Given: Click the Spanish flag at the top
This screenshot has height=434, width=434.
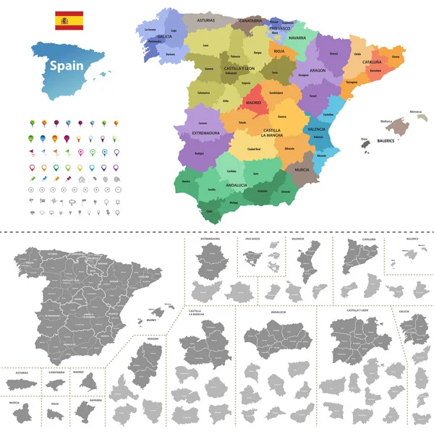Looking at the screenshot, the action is click(69, 20).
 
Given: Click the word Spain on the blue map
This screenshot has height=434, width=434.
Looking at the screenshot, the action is click(66, 65).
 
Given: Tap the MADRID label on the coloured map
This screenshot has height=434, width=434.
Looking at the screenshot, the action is click(253, 103).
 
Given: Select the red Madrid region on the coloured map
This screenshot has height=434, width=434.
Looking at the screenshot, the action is click(255, 109).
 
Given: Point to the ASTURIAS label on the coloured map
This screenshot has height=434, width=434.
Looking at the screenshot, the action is click(205, 21).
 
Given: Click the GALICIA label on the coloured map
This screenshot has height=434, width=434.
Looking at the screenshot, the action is click(165, 36).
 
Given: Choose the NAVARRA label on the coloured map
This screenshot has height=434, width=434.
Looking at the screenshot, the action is click(297, 37).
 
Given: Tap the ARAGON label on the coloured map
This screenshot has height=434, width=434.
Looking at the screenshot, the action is click(318, 70).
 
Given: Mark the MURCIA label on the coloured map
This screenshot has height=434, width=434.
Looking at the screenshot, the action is click(302, 169).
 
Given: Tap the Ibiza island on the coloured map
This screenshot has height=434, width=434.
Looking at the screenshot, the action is click(366, 145).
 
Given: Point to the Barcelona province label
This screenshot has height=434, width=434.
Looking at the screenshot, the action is click(375, 72).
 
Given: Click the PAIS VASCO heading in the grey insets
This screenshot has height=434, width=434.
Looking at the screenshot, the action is click(252, 238).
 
